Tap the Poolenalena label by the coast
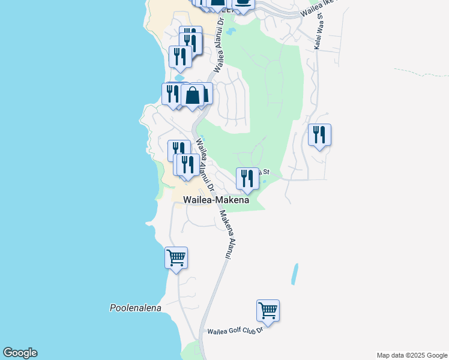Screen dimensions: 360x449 click(x=136, y=308)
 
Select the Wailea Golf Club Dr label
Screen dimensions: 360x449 click(x=235, y=331)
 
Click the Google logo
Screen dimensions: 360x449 click(x=20, y=353)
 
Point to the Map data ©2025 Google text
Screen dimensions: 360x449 click(x=412, y=355)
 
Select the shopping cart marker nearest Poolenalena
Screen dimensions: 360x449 click(x=176, y=258)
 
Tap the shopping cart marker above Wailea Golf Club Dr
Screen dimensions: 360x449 click(x=268, y=311)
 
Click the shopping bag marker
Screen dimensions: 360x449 click(x=193, y=95)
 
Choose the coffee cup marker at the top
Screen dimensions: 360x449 click(x=243, y=4)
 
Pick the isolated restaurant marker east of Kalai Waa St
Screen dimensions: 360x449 click(x=319, y=135)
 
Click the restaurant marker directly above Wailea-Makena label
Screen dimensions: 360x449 click(x=247, y=178)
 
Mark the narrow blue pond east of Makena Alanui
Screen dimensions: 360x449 click(x=294, y=274)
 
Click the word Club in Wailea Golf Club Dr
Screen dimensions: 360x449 click(x=249, y=331)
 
